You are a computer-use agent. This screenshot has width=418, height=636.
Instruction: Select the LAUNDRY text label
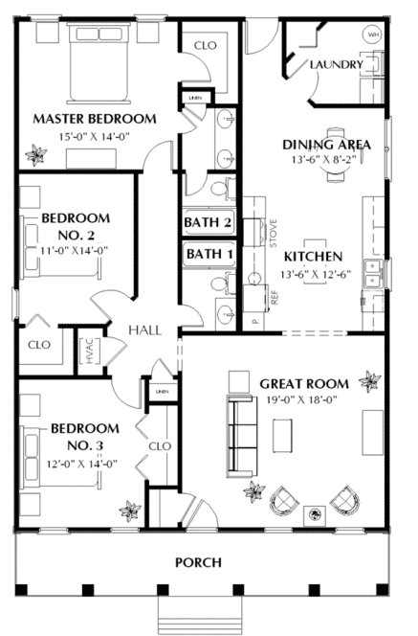click(x=336, y=65)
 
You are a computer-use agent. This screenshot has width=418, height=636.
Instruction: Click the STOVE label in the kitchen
click(x=273, y=234)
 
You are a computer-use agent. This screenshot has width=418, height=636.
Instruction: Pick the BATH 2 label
click(x=209, y=223)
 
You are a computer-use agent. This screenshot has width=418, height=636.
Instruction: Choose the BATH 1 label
click(x=209, y=254)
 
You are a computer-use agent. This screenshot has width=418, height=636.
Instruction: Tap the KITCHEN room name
click(x=313, y=257)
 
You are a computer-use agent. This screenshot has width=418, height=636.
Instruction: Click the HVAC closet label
click(x=89, y=350)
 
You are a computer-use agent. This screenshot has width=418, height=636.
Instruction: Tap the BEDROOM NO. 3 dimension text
click(x=84, y=463)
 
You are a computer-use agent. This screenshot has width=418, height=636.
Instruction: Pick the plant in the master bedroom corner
click(x=36, y=151)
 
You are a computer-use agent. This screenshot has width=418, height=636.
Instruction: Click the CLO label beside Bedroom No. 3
click(x=160, y=446)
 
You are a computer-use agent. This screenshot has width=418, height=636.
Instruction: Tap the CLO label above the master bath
click(x=206, y=45)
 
